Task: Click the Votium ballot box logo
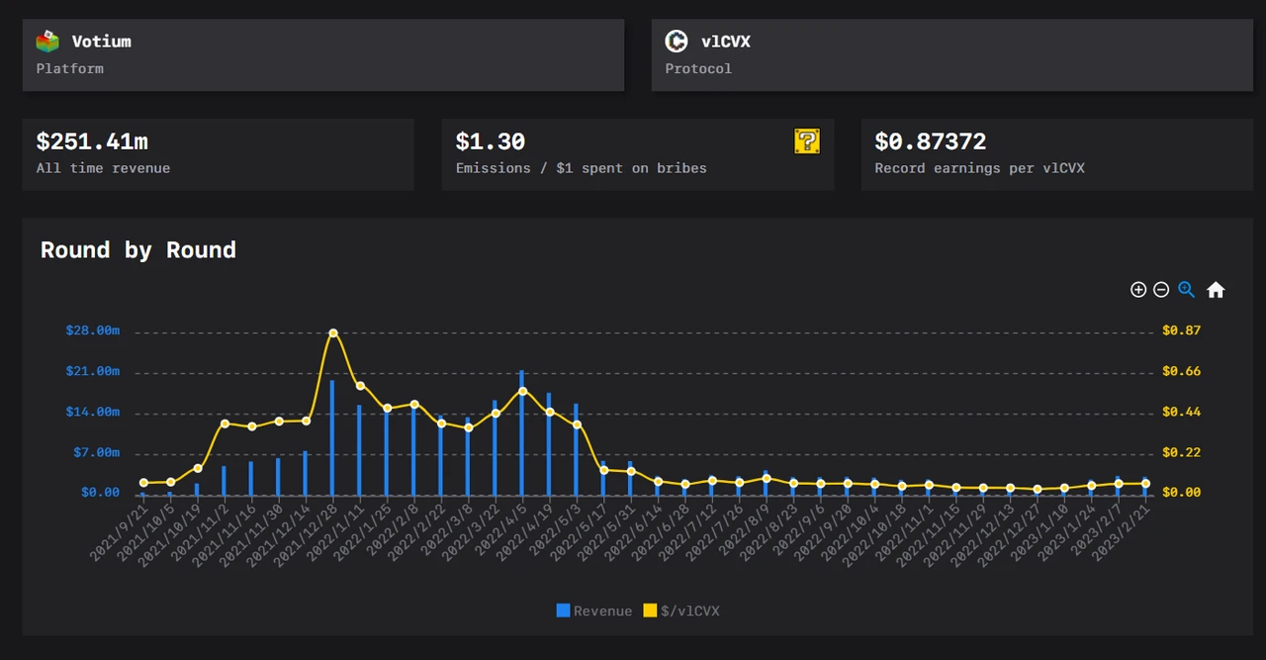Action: (x=46, y=42)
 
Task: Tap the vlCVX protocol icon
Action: (x=677, y=42)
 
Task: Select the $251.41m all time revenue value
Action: (x=92, y=142)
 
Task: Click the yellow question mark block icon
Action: (x=807, y=141)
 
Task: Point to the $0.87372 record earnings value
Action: (x=930, y=142)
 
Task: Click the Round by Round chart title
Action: (x=138, y=250)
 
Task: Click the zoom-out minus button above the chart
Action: (x=1161, y=290)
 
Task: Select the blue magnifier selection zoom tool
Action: (x=1186, y=290)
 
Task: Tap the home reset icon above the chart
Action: (x=1216, y=290)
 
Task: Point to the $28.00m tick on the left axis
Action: (x=93, y=330)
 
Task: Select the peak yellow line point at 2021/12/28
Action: (x=333, y=333)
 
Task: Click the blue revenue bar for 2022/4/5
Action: (x=522, y=435)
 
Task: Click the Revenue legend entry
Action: (x=594, y=612)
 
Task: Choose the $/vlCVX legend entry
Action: (x=681, y=612)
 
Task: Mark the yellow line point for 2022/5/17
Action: (x=603, y=470)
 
